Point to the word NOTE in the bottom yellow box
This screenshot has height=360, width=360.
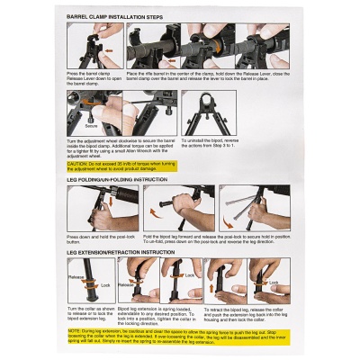pyautogui.click(x=74, y=330)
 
